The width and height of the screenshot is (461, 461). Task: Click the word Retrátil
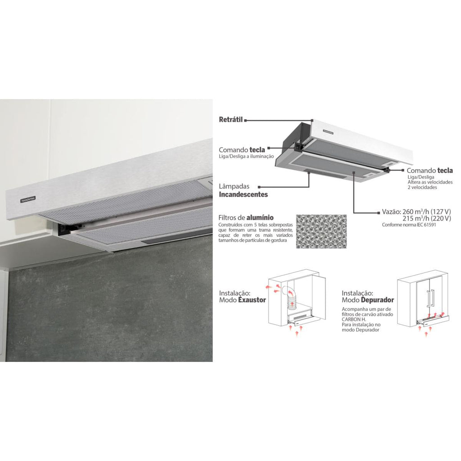tap(231, 120)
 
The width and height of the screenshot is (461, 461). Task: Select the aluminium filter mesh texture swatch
tap(321, 231)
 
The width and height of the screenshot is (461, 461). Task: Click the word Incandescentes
tap(244, 194)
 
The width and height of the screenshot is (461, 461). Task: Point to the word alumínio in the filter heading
tap(260, 217)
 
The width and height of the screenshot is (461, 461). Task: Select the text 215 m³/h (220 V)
tap(427, 218)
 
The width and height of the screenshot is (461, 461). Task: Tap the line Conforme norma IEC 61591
tap(409, 225)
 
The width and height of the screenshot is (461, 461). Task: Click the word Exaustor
tap(252, 300)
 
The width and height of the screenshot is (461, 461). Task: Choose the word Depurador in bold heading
tap(378, 300)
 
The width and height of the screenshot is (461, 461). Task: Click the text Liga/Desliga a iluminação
tap(246, 156)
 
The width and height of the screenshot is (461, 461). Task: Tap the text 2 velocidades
tap(422, 187)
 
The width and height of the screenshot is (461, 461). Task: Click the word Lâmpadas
tap(234, 186)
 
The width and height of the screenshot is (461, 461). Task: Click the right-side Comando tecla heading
tap(430, 171)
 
